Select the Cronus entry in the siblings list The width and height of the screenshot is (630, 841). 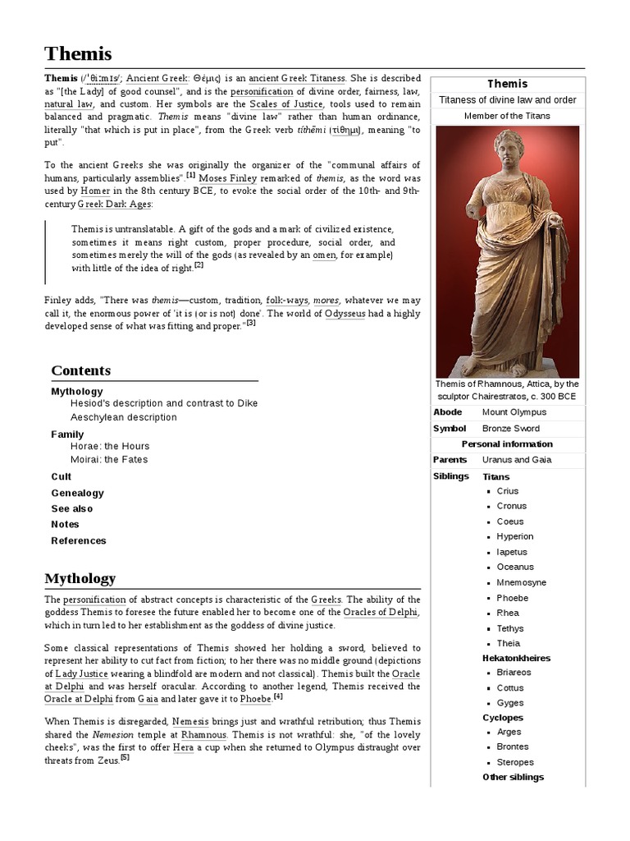tap(511, 506)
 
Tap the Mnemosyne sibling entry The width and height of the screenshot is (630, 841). tap(521, 582)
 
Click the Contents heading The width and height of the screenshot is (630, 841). tap(80, 370)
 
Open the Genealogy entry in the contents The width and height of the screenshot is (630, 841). tap(77, 493)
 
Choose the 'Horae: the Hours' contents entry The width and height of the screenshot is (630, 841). tap(110, 446)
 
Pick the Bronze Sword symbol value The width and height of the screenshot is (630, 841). tap(511, 429)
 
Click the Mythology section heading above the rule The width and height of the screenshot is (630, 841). tap(80, 578)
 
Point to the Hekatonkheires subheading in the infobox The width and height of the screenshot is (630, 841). tap(516, 658)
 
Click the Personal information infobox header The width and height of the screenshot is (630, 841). tap(507, 444)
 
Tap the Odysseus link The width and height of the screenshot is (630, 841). tap(353, 313)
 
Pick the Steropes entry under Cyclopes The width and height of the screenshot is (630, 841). tap(514, 762)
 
